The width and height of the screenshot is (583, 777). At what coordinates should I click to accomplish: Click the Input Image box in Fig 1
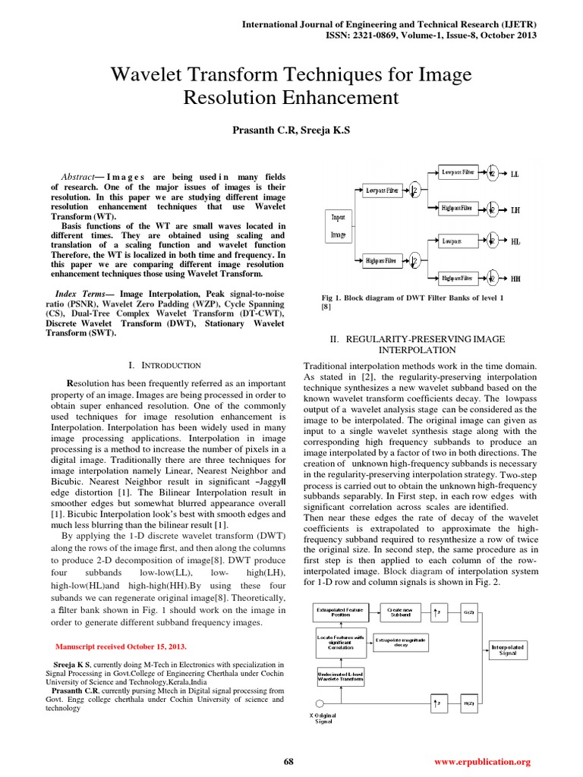(338, 225)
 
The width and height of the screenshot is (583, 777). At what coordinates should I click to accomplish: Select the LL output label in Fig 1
(516, 172)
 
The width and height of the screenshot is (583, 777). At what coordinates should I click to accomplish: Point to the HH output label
(516, 278)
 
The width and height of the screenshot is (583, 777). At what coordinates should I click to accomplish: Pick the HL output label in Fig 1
(516, 242)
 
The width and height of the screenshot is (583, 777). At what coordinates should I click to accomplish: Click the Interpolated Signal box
(503, 650)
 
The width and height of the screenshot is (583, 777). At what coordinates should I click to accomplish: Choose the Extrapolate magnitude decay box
(400, 641)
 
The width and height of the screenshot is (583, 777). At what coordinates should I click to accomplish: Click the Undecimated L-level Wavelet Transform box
(340, 675)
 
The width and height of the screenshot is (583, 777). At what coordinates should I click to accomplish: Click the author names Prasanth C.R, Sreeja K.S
(291, 131)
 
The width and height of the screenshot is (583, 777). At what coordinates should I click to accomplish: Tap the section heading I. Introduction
(166, 365)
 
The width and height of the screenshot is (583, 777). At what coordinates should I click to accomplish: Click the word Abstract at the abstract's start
(77, 174)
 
